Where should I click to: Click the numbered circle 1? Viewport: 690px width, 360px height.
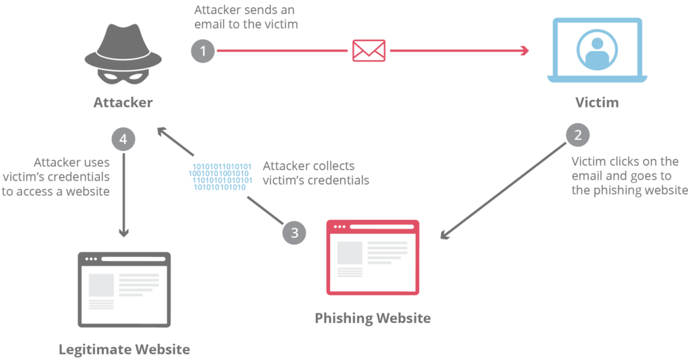click(x=203, y=51)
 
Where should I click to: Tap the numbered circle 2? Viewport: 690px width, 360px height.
click(x=577, y=135)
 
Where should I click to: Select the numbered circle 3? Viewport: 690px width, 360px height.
click(x=294, y=233)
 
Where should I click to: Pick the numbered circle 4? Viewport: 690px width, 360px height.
click(x=123, y=140)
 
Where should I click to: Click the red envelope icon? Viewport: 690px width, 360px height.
click(x=369, y=51)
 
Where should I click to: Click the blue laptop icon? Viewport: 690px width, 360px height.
click(x=596, y=51)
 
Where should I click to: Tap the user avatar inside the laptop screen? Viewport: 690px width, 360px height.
click(x=597, y=49)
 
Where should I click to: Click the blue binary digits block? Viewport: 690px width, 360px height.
click(x=220, y=177)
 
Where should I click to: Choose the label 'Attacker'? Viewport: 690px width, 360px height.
click(x=123, y=102)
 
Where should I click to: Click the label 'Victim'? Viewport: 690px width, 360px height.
click(x=596, y=102)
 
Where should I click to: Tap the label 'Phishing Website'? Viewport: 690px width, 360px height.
click(x=372, y=318)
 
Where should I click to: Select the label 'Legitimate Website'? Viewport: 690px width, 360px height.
click(x=124, y=349)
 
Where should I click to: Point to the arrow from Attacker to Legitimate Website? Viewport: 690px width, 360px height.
click(x=123, y=196)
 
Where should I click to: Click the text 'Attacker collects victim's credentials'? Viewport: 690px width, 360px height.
click(x=315, y=173)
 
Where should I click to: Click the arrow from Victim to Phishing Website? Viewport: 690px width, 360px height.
click(x=505, y=189)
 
